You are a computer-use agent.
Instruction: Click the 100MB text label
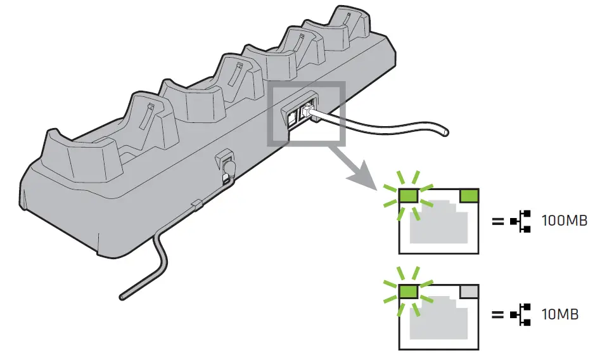(x=565, y=221)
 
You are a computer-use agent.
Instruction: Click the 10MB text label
(x=561, y=315)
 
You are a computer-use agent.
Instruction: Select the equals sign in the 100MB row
(x=498, y=221)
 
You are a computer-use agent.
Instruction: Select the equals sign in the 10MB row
(x=498, y=315)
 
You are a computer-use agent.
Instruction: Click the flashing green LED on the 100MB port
(x=407, y=195)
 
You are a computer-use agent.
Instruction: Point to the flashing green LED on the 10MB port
(x=407, y=291)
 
